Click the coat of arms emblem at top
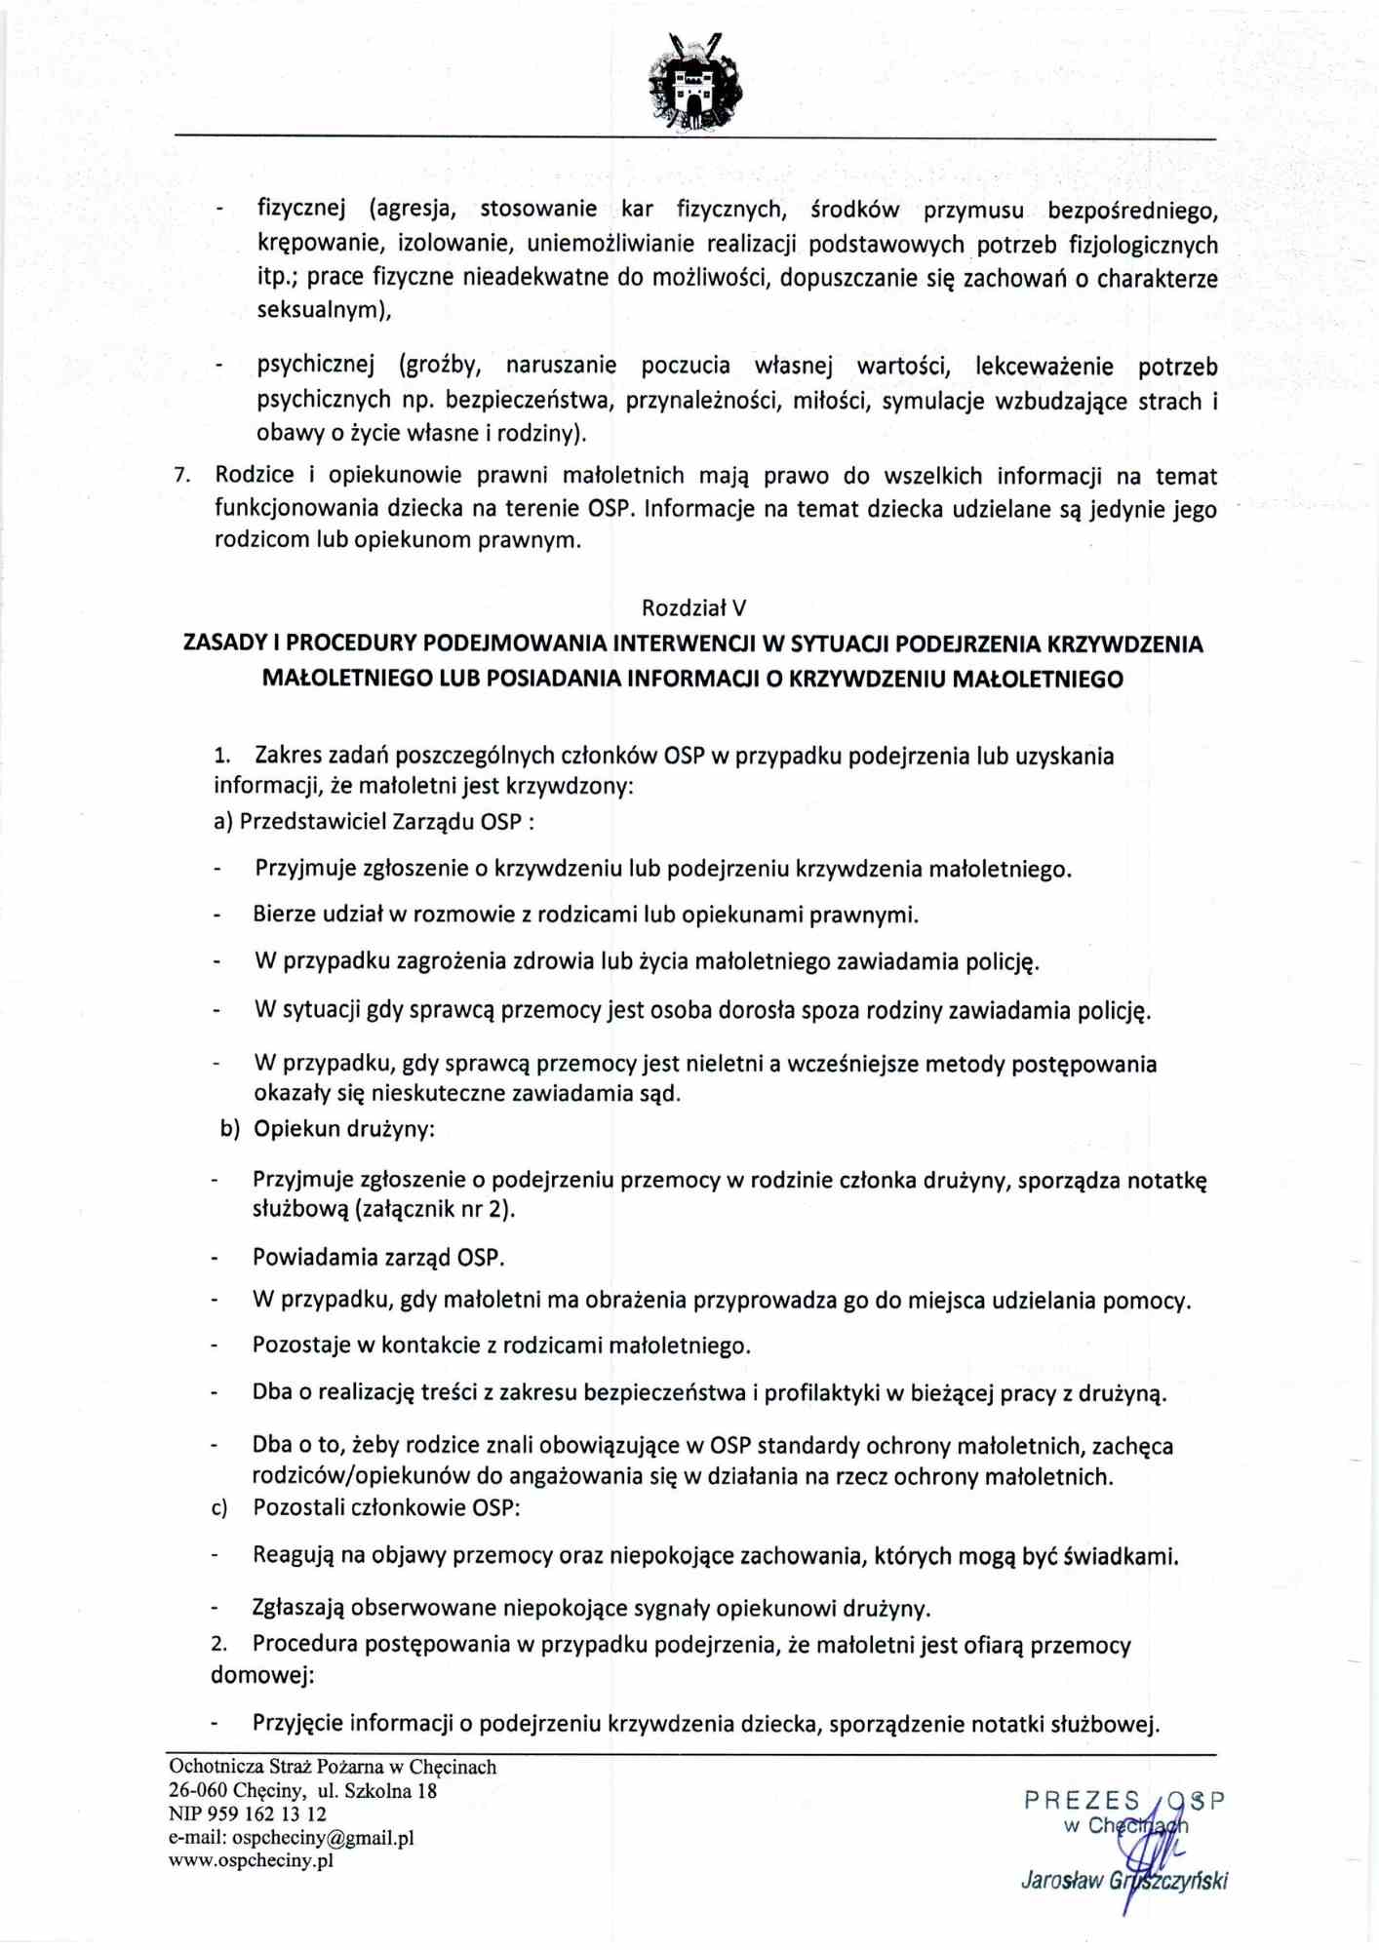[x=694, y=83]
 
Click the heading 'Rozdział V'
[x=693, y=608]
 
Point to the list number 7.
[x=180, y=477]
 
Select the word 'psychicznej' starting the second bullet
[x=316, y=366]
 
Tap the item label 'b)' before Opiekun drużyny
[x=230, y=1129]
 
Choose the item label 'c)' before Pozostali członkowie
[x=220, y=1508]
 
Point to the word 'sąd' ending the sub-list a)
[x=658, y=1094]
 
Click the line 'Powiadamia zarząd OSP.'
[x=378, y=1258]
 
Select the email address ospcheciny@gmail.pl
[x=323, y=1838]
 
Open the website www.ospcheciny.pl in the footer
[x=251, y=1860]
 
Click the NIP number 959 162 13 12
[x=263, y=1814]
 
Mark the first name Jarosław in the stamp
[x=1060, y=1881]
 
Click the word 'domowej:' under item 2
[x=261, y=1676]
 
